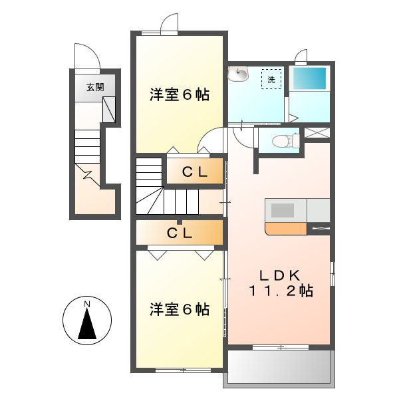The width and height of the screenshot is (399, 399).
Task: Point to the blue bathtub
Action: (x=311, y=80)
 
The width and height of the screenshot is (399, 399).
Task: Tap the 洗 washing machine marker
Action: (x=271, y=79)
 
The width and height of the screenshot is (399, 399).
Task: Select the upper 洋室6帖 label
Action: (x=179, y=95)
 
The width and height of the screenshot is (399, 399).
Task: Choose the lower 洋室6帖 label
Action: (x=179, y=309)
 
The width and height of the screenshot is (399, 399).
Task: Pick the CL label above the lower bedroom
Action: (x=179, y=233)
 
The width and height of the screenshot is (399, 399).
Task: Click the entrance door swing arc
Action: (x=87, y=56)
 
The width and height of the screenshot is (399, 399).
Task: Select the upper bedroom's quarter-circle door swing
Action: (x=212, y=142)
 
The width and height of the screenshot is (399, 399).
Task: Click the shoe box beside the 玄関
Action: (x=109, y=108)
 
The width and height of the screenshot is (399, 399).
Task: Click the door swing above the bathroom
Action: (x=301, y=58)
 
